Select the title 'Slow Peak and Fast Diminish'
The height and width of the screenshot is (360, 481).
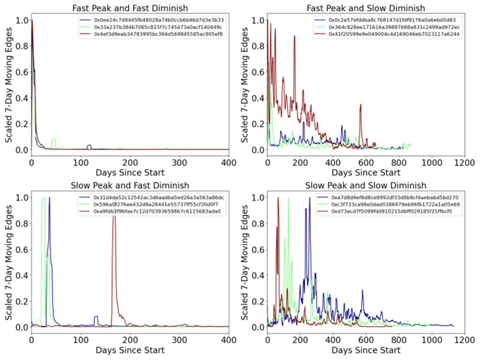click(131, 185)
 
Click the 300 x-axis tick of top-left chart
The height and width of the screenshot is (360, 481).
click(180, 162)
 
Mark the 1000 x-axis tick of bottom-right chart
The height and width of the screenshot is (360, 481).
click(432, 340)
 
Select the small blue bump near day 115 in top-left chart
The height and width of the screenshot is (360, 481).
click(89, 146)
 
